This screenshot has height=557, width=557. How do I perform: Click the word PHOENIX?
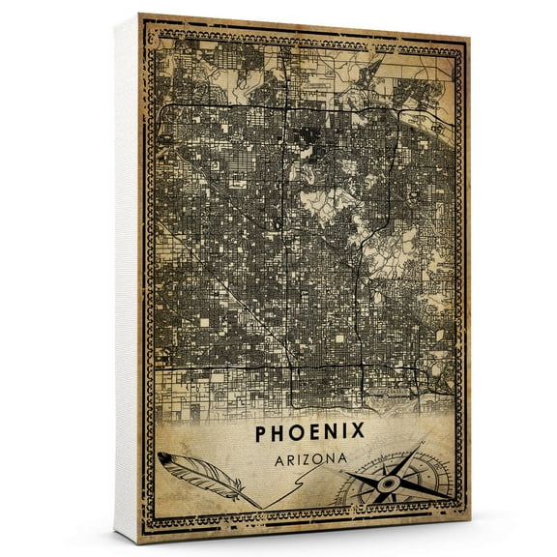click(x=309, y=431)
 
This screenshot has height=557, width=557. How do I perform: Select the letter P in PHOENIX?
click(x=262, y=431)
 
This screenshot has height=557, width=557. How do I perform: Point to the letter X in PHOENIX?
click(x=358, y=431)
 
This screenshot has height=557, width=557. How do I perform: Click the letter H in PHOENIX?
click(x=279, y=431)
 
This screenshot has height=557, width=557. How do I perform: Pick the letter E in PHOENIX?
click(x=314, y=431)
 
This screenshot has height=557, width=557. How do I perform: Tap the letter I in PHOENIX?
click(x=342, y=431)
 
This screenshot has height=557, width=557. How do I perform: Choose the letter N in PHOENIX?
click(x=330, y=431)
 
